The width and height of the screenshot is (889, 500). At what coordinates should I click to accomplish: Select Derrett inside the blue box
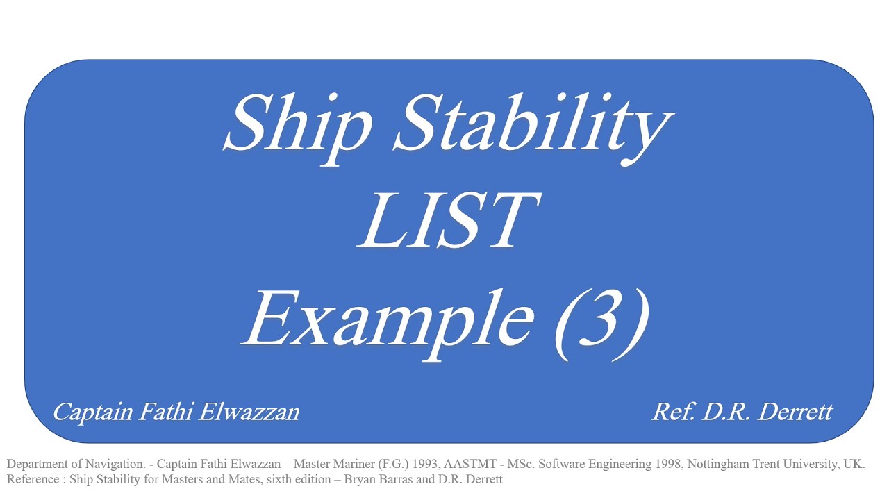(794, 412)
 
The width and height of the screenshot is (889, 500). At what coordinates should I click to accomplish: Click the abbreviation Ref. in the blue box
(673, 412)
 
